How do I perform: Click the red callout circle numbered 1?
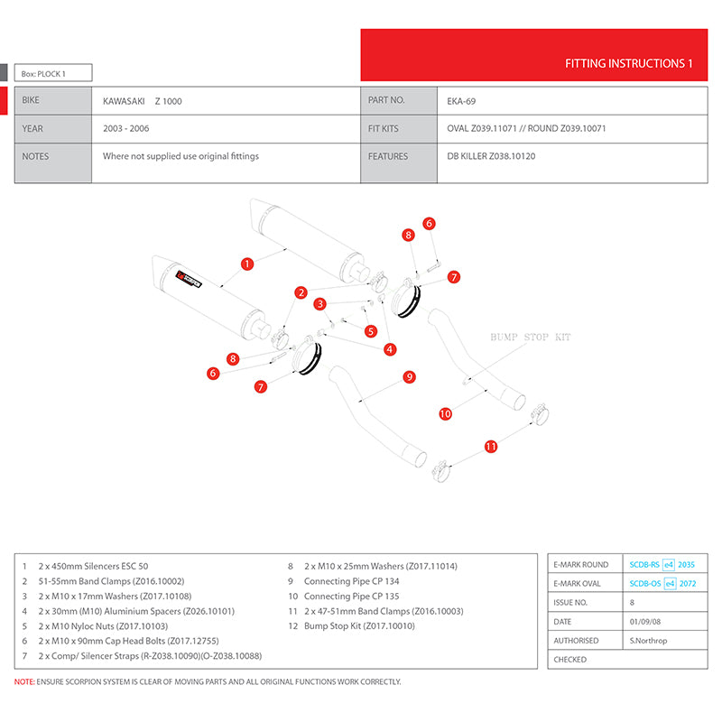[x=247, y=264]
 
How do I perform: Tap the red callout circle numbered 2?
[x=301, y=292]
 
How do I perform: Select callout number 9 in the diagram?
[x=410, y=377]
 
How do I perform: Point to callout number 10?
[x=445, y=413]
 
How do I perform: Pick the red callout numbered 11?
[x=491, y=446]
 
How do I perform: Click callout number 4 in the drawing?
[x=390, y=349]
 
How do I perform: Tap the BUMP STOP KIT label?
[x=531, y=337]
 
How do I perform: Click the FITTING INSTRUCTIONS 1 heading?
[x=628, y=63]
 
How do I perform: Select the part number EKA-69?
[x=461, y=101]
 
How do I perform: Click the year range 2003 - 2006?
[x=126, y=128]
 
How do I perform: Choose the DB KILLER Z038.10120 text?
[x=491, y=156]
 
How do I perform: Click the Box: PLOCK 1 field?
[x=53, y=73]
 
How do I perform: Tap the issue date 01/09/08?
[x=645, y=622]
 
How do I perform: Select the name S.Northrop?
[x=648, y=641]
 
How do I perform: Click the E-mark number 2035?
[x=686, y=565]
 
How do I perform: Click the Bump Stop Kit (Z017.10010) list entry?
[x=351, y=625]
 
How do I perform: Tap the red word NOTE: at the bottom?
[x=24, y=681]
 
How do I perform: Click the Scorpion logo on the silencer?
[x=189, y=279]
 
